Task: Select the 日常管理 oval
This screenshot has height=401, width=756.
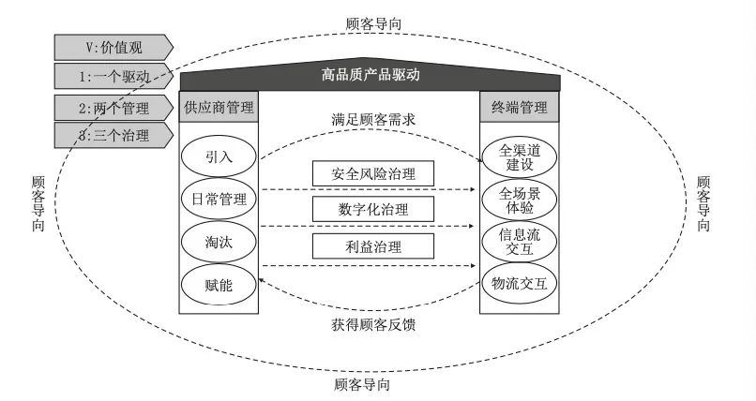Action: tap(218, 198)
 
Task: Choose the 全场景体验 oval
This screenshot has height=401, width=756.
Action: tap(520, 200)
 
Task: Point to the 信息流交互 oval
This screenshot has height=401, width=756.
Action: tap(520, 240)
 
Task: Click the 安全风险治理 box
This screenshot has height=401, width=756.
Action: tap(373, 173)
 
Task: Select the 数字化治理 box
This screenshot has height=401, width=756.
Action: tap(373, 209)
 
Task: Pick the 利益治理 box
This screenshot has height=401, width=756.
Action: tap(373, 245)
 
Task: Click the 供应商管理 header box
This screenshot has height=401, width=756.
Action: tap(218, 106)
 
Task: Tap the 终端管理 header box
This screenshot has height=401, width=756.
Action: tap(520, 106)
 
